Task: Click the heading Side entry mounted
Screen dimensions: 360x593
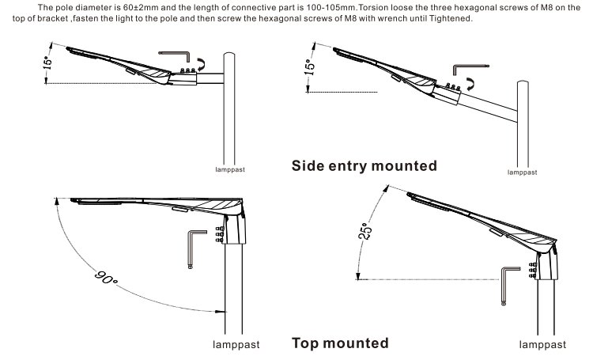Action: click(364, 166)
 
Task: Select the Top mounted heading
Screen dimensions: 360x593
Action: click(340, 343)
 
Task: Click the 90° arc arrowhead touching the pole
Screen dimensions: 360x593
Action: click(219, 311)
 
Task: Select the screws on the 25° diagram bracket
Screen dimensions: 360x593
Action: click(534, 269)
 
